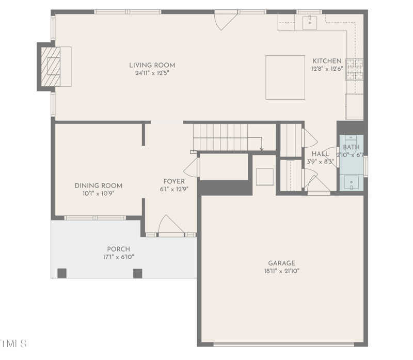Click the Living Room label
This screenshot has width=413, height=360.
click(152, 65)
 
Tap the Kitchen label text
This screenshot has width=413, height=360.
click(326, 61)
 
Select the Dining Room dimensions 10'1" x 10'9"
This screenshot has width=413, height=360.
click(98, 194)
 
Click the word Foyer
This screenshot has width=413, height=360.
click(174, 181)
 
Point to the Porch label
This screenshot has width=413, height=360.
click(118, 249)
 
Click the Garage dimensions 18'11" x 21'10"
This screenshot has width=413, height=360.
click(281, 271)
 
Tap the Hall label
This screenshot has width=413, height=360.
click(320, 154)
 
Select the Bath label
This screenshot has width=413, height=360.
click(351, 148)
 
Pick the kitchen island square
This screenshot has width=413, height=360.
click(285, 77)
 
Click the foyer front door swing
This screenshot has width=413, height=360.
click(169, 225)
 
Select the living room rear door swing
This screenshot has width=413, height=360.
click(225, 21)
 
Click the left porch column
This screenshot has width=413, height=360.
click(62, 273)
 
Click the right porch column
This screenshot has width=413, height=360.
click(137, 273)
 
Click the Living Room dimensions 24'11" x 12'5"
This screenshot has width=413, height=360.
click(152, 73)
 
